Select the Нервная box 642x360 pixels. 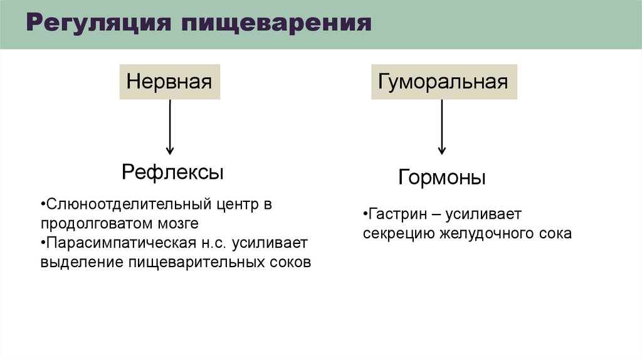pos(169,82)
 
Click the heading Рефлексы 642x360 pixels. pos(172,171)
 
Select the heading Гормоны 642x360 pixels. pos(441,177)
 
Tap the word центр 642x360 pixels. pos(228,204)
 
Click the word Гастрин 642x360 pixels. pos(396,214)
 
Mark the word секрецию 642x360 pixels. pos(395,233)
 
